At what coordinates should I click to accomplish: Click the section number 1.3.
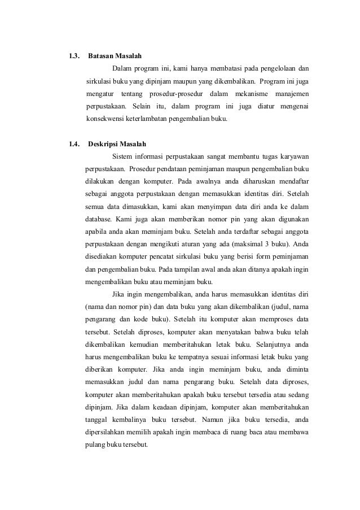pos(73,56)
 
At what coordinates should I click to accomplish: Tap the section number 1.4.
pos(73,143)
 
